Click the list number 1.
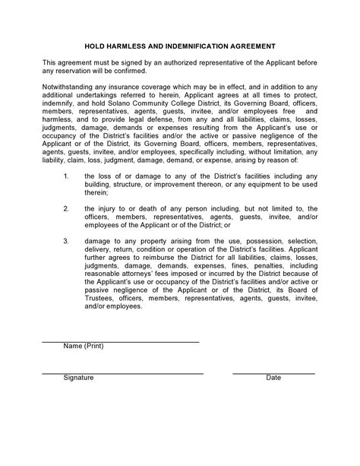click(67, 176)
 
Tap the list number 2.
click(67, 208)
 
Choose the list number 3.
click(67, 241)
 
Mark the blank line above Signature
click(122, 373)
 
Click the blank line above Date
click(273, 373)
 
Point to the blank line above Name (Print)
click(120, 341)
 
